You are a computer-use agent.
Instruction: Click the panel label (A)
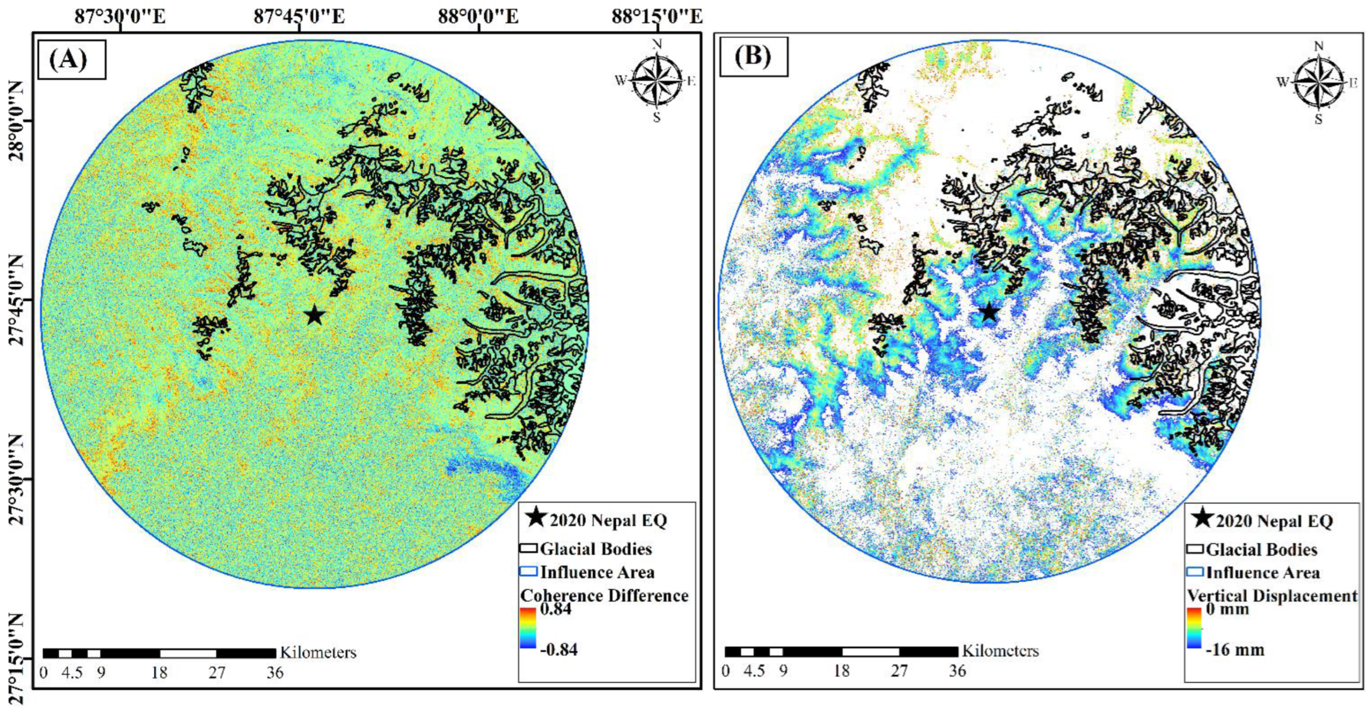[68, 60]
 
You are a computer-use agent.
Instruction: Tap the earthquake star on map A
[315, 315]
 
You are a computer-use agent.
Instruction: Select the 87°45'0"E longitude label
[299, 17]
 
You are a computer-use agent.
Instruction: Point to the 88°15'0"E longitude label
[656, 17]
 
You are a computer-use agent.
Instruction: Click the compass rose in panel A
[658, 81]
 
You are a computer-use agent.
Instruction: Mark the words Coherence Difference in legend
[604, 595]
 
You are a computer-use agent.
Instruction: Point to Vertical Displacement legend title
[1271, 595]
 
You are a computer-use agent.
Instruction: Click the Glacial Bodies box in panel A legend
[528, 549]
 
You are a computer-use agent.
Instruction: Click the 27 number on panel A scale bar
[217, 673]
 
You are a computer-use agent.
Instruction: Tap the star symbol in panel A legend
[536, 517]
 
